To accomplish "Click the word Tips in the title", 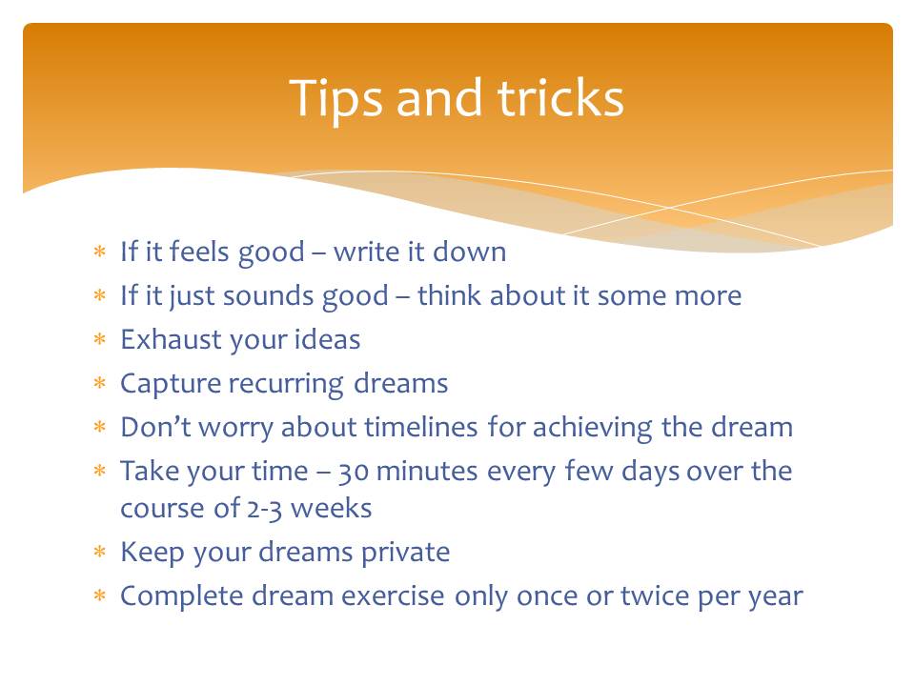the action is [x=335, y=99].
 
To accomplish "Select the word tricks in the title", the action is [x=560, y=97].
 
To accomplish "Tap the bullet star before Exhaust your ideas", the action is [x=100, y=339].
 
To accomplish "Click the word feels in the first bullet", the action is [x=199, y=252].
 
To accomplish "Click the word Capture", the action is [x=171, y=384].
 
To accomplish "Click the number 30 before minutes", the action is [x=353, y=472].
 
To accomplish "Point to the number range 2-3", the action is [x=265, y=509].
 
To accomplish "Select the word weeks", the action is [x=332, y=508].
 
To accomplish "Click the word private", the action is [x=406, y=553].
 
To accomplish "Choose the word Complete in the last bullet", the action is [x=181, y=596].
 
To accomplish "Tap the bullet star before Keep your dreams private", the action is [x=100, y=552].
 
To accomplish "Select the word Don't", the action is [x=155, y=427].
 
